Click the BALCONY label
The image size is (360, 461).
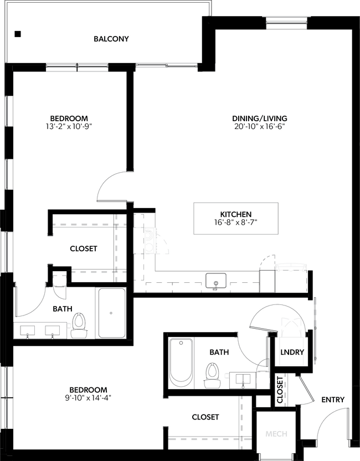111,39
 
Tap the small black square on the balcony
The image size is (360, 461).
18,34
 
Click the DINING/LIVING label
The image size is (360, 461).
259,118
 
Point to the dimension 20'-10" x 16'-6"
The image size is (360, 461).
259,127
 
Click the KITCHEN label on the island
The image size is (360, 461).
236,214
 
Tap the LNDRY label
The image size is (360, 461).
292,351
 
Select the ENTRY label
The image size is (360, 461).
332,400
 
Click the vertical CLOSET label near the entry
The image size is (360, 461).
280,390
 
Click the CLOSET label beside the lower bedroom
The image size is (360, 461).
205,417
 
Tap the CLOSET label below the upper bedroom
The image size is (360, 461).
84,248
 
